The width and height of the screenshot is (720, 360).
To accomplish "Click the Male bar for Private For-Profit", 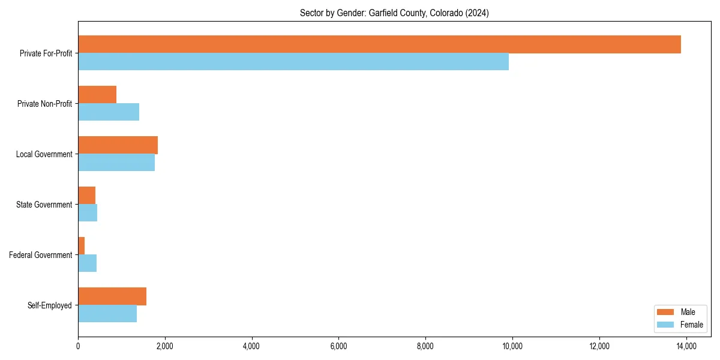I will click(x=379, y=44).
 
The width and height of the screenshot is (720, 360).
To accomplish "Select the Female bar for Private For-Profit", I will click(x=293, y=62).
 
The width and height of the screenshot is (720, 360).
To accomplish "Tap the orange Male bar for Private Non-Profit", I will click(x=97, y=95).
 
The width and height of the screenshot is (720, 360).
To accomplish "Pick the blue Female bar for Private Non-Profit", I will click(x=109, y=112).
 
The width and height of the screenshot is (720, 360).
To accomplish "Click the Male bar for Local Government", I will click(x=118, y=145).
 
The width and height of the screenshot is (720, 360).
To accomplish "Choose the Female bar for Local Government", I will click(x=116, y=163).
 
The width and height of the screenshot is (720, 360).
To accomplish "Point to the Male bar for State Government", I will click(x=87, y=196).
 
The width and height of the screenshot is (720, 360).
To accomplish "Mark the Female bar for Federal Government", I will click(x=88, y=263).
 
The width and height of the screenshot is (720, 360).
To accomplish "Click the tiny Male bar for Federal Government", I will click(x=82, y=246).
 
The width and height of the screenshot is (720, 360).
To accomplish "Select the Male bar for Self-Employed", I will click(x=112, y=296).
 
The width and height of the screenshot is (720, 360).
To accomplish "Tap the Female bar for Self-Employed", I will click(x=107, y=314).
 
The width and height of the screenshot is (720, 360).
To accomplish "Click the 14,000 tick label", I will click(x=686, y=346).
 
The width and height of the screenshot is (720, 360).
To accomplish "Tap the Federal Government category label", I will click(x=40, y=255).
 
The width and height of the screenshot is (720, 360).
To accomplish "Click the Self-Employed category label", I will click(x=49, y=305).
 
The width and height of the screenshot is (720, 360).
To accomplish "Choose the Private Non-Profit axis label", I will click(x=44, y=104).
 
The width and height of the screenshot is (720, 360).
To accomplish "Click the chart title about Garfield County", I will click(x=394, y=13).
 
